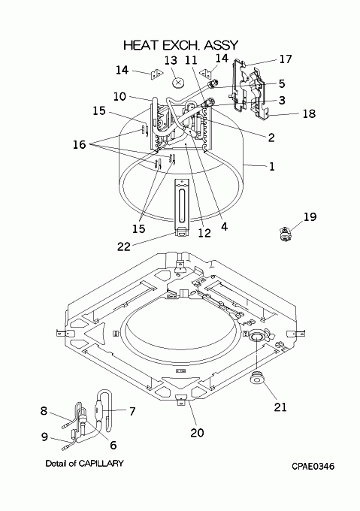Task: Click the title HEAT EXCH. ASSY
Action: click(x=181, y=45)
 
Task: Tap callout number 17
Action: click(x=286, y=59)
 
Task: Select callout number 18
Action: click(x=309, y=113)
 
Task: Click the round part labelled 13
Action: click(x=178, y=83)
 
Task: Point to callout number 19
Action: click(x=310, y=216)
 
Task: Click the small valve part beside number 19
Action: click(x=285, y=234)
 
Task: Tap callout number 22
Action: click(x=124, y=246)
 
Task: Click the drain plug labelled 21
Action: click(x=257, y=379)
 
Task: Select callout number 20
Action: click(x=197, y=433)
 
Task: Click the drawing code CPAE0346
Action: click(x=313, y=467)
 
